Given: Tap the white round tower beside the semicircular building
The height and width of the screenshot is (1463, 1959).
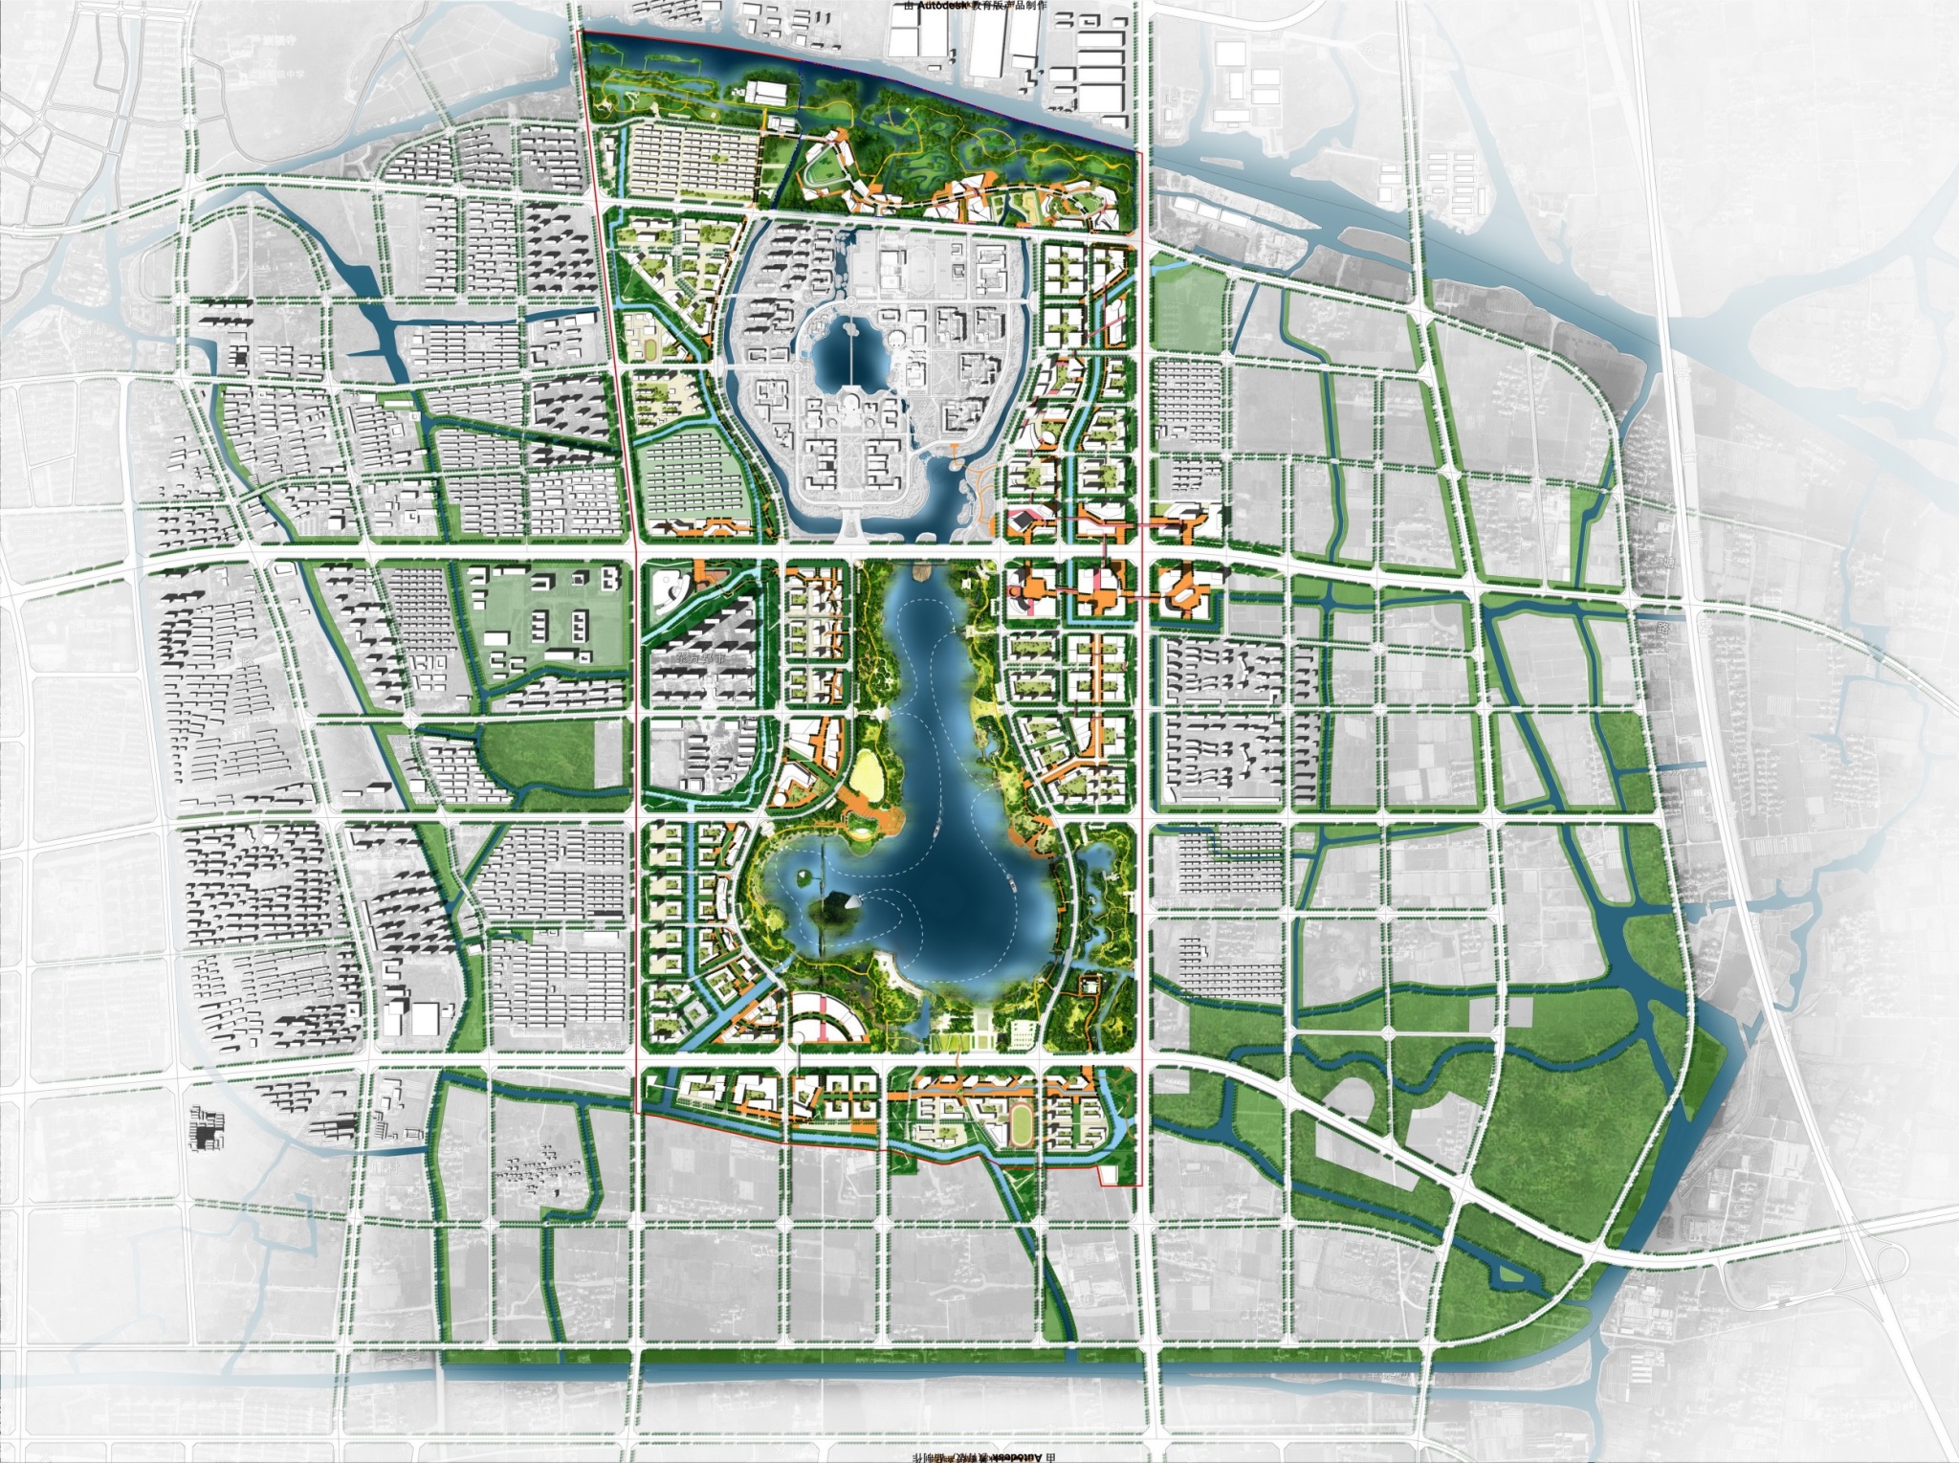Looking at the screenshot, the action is [x=797, y=1035].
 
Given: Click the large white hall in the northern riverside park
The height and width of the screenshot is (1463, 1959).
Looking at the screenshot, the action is [x=765, y=93].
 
